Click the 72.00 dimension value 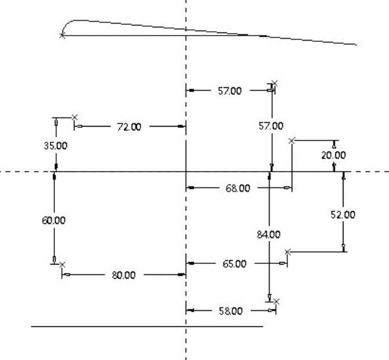(x=129, y=127)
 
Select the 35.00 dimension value (x=56, y=145)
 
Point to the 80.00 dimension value (x=124, y=275)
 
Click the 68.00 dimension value (x=237, y=188)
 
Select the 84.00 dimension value (x=269, y=235)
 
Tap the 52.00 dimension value (x=343, y=215)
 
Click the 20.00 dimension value (x=333, y=155)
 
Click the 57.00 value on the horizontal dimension (x=229, y=91)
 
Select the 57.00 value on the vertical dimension (x=271, y=126)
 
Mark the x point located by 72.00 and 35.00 (x=75, y=117)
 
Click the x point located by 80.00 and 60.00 (x=62, y=265)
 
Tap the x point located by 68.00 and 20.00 (x=292, y=141)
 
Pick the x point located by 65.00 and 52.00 (x=287, y=252)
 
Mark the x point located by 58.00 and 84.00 (x=277, y=301)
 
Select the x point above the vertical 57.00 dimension (x=275, y=83)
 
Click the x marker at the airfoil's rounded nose (x=62, y=36)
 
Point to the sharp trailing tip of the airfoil (x=356, y=45)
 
